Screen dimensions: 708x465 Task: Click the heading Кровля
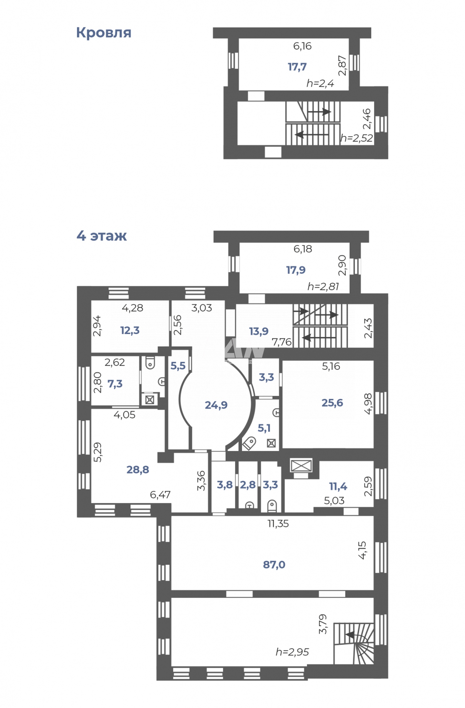[x=104, y=33]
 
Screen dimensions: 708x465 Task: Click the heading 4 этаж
[x=101, y=236]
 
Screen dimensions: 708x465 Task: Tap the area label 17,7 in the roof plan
[x=297, y=67]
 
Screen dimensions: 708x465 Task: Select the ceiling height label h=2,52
[x=356, y=138]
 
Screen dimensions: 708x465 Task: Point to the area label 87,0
[x=274, y=565]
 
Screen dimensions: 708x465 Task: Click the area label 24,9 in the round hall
[x=216, y=405]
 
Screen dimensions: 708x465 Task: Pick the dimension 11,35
[x=278, y=523]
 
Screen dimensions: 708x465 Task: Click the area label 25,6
[x=332, y=402]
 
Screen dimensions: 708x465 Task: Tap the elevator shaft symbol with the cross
[x=300, y=465]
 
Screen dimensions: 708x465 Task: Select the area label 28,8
[x=138, y=469]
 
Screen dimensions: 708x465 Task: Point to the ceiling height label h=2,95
[x=292, y=652]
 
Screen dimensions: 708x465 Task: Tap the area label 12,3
[x=130, y=330]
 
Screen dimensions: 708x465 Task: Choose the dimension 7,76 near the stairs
[x=281, y=342]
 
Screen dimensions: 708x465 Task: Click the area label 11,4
[x=338, y=486]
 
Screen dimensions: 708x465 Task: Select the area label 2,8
[x=248, y=485]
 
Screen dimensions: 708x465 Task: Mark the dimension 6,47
[x=160, y=495]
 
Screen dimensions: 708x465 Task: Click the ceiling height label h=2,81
[x=323, y=287]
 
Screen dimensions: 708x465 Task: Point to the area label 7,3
[x=115, y=384]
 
